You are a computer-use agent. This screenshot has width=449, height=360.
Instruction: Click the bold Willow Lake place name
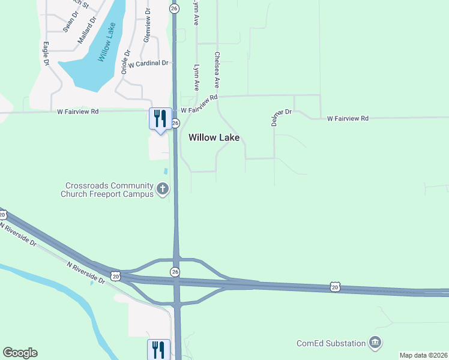click(214, 137)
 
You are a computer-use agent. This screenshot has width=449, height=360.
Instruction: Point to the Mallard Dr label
click(87, 31)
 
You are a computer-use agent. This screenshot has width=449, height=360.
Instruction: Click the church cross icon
click(162, 190)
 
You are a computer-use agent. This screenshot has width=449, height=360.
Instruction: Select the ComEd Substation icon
click(376, 343)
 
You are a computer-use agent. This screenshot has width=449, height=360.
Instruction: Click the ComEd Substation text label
click(331, 344)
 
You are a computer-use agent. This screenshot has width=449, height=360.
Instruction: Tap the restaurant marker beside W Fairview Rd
click(160, 118)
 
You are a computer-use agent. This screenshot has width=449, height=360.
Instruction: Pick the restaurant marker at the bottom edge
click(158, 349)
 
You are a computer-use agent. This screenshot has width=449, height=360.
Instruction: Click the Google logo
click(20, 353)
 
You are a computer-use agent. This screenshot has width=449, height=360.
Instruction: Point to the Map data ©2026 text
click(423, 355)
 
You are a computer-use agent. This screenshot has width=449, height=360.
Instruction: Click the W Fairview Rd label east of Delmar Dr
click(348, 119)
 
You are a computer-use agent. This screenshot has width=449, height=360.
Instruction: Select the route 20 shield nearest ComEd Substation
click(334, 287)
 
